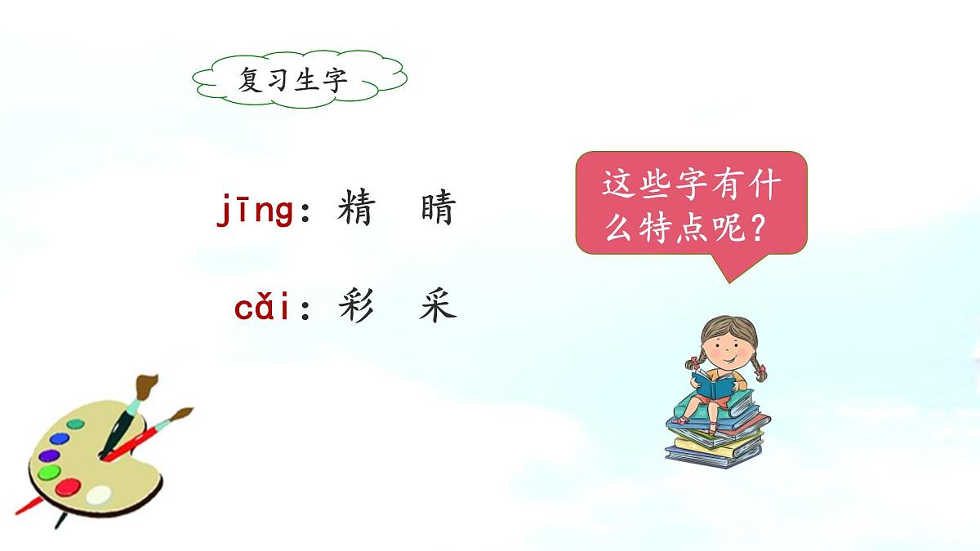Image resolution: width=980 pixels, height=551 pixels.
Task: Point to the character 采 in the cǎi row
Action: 437,307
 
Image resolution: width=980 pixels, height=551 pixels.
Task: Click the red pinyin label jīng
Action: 255,211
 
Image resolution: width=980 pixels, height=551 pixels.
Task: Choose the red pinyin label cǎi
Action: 263,309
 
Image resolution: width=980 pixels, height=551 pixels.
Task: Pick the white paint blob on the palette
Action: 98,494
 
